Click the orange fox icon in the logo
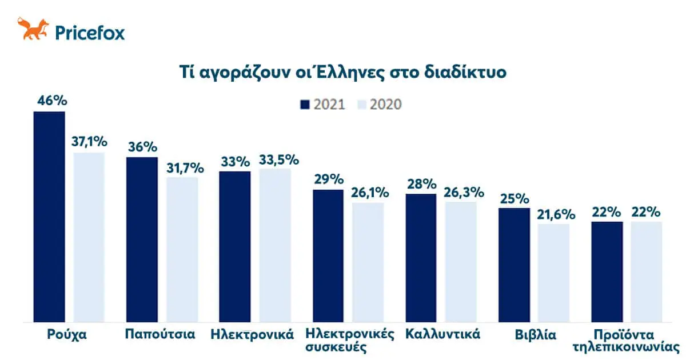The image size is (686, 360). (33, 29)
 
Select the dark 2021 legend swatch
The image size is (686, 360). (304, 104)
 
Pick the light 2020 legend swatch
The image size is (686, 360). (361, 104)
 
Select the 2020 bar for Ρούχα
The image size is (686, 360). (89, 237)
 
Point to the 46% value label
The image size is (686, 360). (52, 101)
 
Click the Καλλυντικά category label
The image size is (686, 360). (442, 334)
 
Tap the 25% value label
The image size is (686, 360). (514, 199)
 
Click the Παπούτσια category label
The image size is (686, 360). (160, 334)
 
